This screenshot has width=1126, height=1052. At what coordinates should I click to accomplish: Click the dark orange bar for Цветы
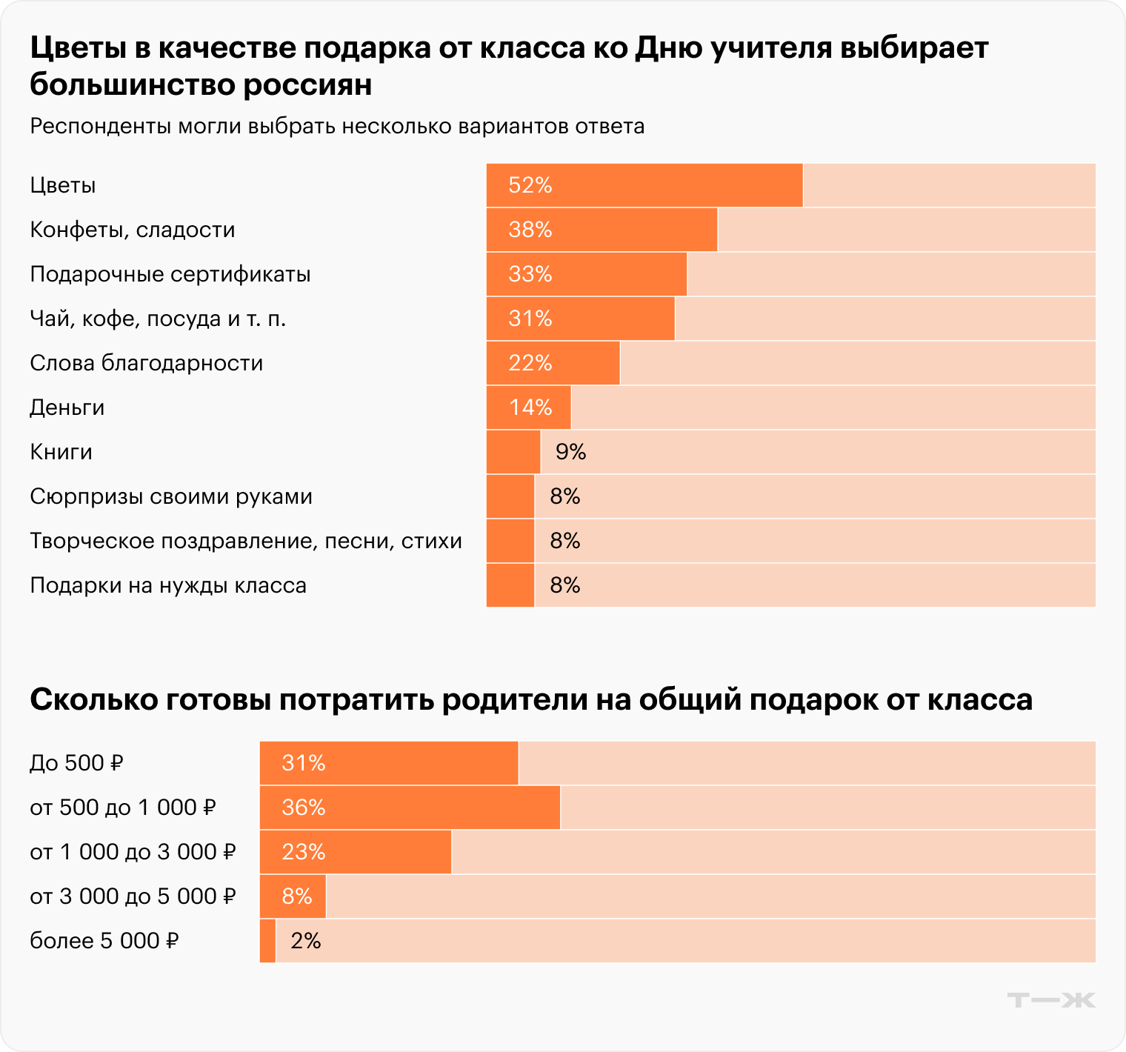(x=644, y=185)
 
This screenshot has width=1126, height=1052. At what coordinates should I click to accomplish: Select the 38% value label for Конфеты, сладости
(x=530, y=230)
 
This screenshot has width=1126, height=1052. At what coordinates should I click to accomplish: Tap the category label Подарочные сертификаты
(x=170, y=274)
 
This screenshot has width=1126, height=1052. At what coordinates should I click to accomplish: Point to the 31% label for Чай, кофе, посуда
(x=530, y=319)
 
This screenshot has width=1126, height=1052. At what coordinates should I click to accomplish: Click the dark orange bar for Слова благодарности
(x=553, y=363)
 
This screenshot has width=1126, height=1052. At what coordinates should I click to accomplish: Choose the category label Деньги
(x=67, y=407)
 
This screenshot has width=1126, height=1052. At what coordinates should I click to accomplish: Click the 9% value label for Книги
(x=570, y=452)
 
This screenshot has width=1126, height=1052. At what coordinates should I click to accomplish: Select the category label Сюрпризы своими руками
(x=171, y=496)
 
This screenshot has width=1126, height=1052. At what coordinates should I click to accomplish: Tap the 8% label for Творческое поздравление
(x=564, y=541)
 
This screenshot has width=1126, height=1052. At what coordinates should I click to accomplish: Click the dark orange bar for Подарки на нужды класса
(x=510, y=585)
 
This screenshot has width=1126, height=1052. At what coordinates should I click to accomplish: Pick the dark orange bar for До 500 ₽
(x=389, y=763)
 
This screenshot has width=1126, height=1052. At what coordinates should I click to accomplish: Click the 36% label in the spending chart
(x=304, y=808)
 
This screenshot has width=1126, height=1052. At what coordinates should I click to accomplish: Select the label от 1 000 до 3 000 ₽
(x=133, y=852)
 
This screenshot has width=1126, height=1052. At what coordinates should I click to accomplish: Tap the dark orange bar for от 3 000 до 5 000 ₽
(x=293, y=896)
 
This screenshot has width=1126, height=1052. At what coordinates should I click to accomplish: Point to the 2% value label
(x=305, y=941)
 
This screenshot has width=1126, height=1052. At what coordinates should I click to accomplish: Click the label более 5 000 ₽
(x=104, y=941)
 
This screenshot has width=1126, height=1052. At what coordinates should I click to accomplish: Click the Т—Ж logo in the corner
(x=1051, y=1000)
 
